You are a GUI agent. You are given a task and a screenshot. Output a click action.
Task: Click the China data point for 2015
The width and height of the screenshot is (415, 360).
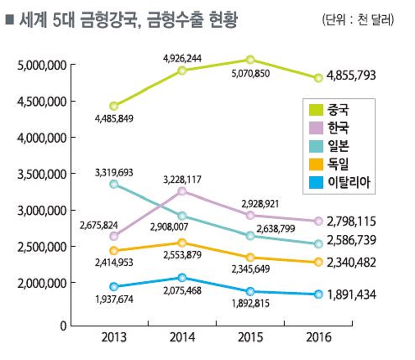tap(250, 60)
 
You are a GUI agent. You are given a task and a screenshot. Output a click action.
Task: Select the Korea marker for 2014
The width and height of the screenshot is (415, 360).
tap(182, 191)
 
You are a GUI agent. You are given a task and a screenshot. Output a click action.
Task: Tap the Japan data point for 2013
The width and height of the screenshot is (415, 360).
tap(114, 184)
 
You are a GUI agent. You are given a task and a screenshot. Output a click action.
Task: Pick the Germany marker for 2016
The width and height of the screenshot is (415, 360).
tap(318, 262)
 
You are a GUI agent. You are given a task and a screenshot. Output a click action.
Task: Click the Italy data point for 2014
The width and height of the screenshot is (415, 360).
tap(182, 277)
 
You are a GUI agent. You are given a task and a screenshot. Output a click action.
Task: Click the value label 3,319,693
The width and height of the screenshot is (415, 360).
tap(114, 173)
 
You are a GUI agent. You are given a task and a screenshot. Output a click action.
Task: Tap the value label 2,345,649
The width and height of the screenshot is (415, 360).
tap(251, 269)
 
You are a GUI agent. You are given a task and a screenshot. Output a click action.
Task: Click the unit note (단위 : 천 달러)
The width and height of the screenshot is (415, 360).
tap(358, 20)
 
